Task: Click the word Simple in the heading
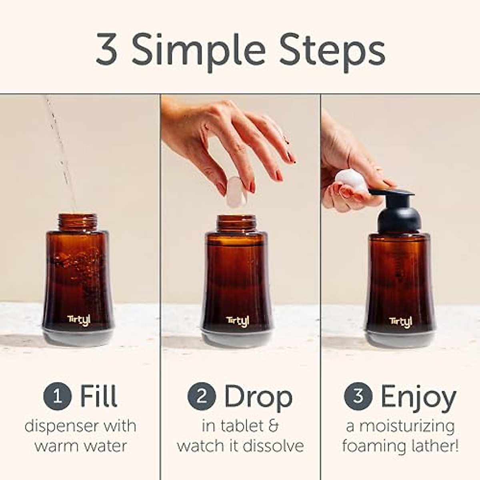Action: [x=198, y=51]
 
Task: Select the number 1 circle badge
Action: [x=58, y=396]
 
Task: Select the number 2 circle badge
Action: [x=202, y=396]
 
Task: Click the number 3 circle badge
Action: [x=358, y=396]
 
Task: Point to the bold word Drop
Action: [x=258, y=397]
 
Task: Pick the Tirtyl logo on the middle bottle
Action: [x=238, y=321]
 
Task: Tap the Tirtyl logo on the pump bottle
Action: [x=400, y=322]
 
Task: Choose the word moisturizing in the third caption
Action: [x=407, y=426]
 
